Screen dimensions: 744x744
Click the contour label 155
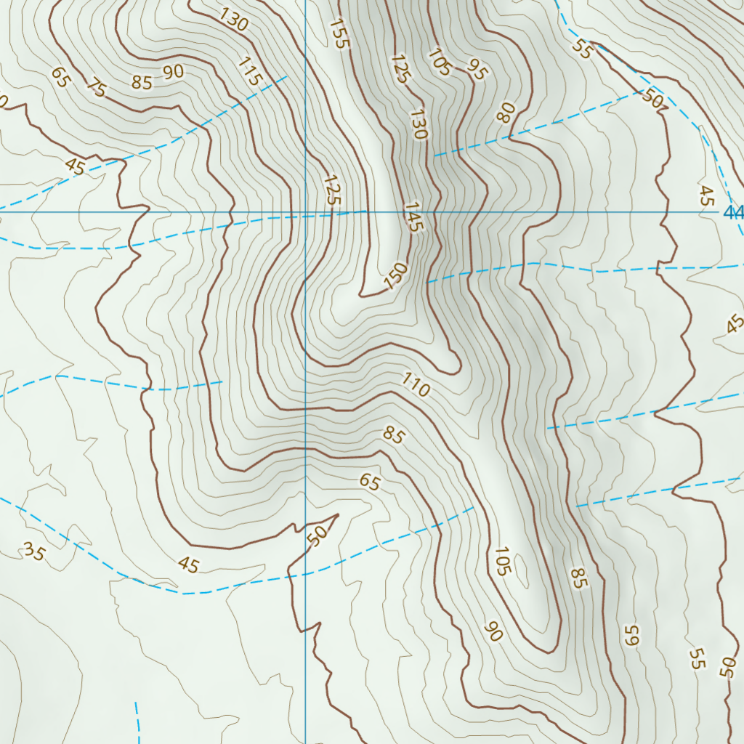click(339, 33)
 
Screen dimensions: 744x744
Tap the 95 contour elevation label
click(477, 70)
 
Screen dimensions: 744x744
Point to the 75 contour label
click(96, 88)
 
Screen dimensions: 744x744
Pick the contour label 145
click(412, 217)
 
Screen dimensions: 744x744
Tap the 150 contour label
click(396, 276)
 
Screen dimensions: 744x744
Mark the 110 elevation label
click(416, 387)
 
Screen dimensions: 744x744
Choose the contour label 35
click(33, 552)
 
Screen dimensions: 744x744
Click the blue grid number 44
click(734, 212)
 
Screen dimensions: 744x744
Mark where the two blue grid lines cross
click(305, 212)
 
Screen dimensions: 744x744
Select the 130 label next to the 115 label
click(233, 20)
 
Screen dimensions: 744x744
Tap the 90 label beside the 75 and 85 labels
click(173, 71)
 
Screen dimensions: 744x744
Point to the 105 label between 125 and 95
click(440, 62)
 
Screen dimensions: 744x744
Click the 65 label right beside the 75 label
click(60, 77)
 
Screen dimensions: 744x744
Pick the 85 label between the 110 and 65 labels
click(394, 435)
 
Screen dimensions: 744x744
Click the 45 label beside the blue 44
click(706, 195)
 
